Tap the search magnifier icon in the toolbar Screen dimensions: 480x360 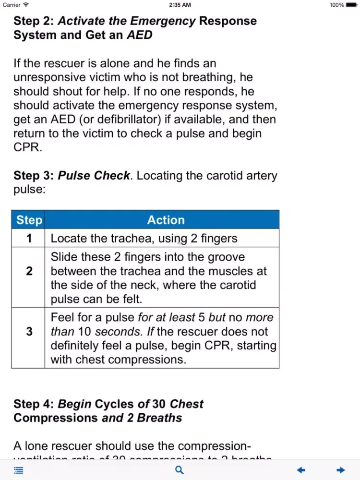pyautogui.click(x=180, y=470)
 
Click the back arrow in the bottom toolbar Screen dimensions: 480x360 pyautogui.click(x=301, y=470)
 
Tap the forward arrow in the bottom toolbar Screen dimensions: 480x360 pyautogui.click(x=341, y=470)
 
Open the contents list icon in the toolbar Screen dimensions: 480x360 pyautogui.click(x=18, y=470)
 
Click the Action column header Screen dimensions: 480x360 pyautogui.click(x=166, y=220)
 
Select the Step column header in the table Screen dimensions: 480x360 pyautogui.click(x=29, y=220)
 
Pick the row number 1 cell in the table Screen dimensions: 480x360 pyautogui.click(x=29, y=238)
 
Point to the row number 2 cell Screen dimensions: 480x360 pyautogui.click(x=29, y=271)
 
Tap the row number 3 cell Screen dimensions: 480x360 pyautogui.click(x=29, y=331)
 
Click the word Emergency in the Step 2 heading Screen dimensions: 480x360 pyautogui.click(x=163, y=21)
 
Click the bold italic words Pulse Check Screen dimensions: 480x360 pyautogui.click(x=94, y=176)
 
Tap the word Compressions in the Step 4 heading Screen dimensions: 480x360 pyautogui.click(x=56, y=418)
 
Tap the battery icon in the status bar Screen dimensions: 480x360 pyautogui.click(x=352, y=5)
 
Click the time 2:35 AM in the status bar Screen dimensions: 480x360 pyautogui.click(x=180, y=5)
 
